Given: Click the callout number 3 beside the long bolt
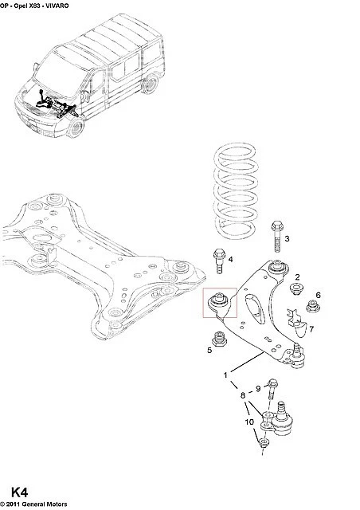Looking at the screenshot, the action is coord(287,238).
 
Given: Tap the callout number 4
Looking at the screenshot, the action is coord(230,259).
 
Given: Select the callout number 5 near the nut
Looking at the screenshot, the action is coord(209,350).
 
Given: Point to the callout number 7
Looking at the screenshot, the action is coord(311,329).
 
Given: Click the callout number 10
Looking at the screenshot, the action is coord(249,422).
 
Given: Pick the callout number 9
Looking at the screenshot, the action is coord(258,388).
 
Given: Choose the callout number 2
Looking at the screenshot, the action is coord(297,277).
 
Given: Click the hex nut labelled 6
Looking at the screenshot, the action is coord(313,307).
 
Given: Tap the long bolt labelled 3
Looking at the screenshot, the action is coord(276,237).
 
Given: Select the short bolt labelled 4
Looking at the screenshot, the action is coord(219,261).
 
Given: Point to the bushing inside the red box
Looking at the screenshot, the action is coord(218,302).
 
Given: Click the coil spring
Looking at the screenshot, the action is coord(236,192).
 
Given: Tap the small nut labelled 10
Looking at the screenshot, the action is coord(263,442).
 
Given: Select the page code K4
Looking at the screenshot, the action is coord(19,492).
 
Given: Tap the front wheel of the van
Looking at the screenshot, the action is coord(75,128).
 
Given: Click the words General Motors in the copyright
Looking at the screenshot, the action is coord(42,504).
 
